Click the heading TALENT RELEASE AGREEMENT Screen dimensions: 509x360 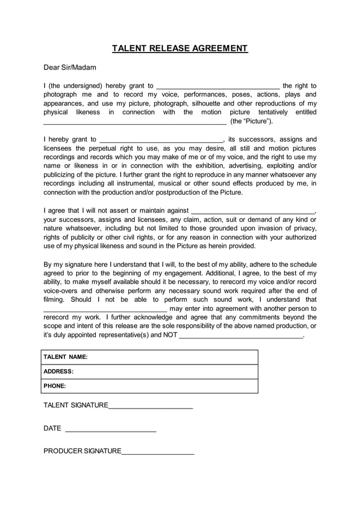coord(179,48)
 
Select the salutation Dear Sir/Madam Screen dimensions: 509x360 coord(70,68)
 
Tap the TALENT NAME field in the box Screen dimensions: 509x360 coord(150,357)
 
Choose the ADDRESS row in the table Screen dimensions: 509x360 coord(150,372)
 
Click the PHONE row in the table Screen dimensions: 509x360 coord(150,386)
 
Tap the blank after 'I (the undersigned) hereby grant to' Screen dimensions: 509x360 coord(217,86)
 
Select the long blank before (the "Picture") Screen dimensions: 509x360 coord(135,121)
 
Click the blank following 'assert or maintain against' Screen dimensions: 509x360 coord(252,211)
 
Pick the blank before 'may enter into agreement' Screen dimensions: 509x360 coord(105,309)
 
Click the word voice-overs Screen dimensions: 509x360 coord(63,291)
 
